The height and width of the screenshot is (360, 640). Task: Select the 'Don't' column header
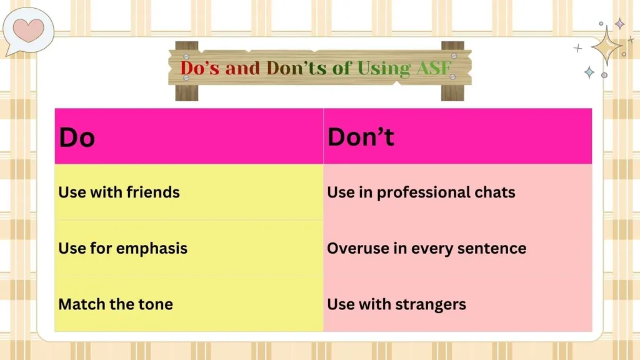pos(361,137)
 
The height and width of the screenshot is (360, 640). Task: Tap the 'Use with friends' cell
pos(119,192)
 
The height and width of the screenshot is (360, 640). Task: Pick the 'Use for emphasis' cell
pos(122,248)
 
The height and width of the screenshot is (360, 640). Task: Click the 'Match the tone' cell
pos(116,304)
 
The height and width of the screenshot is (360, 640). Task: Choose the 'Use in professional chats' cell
pos(421,192)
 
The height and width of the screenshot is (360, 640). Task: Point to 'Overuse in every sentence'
pos(426,248)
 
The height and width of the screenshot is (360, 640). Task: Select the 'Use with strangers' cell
pos(396,304)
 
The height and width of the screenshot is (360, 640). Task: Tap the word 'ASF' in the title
pos(433,67)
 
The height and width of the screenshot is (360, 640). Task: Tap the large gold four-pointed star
pos(606,46)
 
